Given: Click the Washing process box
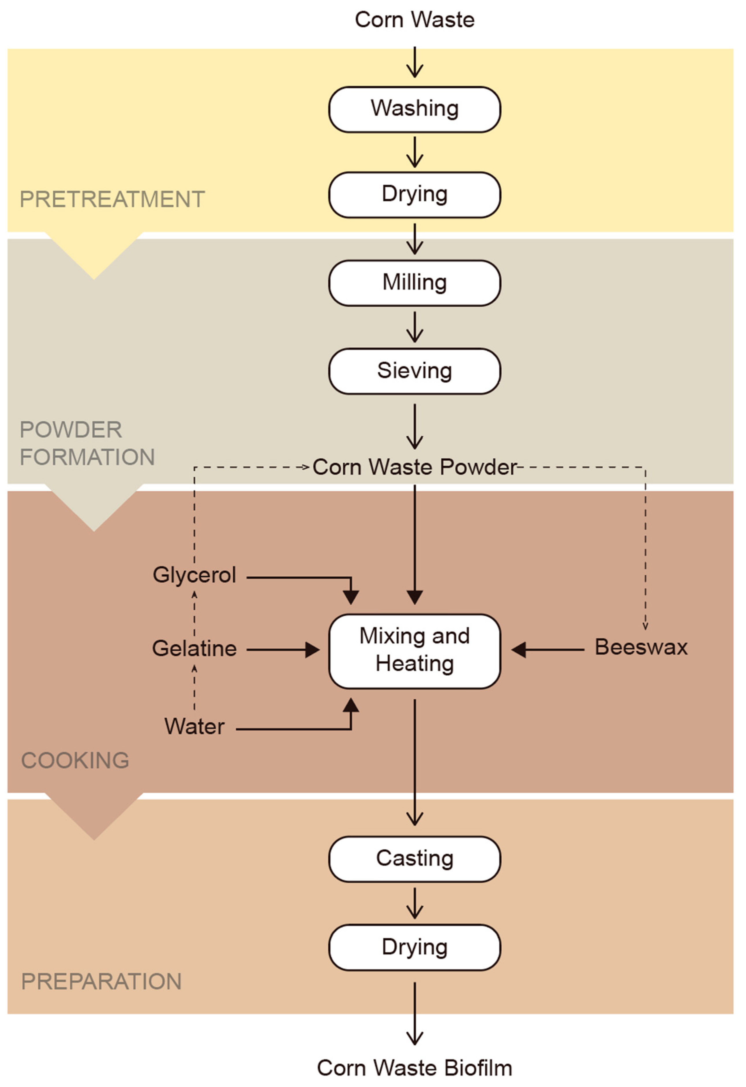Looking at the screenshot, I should tap(415, 109).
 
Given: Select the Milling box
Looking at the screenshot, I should tap(415, 283).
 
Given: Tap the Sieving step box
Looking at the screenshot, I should tap(415, 371).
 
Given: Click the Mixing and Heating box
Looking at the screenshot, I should tap(415, 650).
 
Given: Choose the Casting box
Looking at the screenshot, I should tap(415, 859).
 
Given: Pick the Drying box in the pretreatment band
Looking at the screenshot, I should tap(415, 195).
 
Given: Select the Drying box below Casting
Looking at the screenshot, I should tap(415, 947).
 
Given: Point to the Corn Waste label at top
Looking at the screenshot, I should tap(415, 20).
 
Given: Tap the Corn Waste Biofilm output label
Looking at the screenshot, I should tap(415, 1068).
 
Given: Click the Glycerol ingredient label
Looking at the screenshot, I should tap(194, 575).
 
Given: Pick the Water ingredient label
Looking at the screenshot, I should tap(194, 726).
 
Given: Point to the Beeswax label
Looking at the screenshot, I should tap(641, 647).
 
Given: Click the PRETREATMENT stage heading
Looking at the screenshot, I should tap(112, 199).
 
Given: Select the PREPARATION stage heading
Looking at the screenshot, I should tap(101, 981).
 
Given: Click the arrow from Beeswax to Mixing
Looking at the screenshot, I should tap(548, 650).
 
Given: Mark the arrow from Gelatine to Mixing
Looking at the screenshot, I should tap(283, 650).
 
